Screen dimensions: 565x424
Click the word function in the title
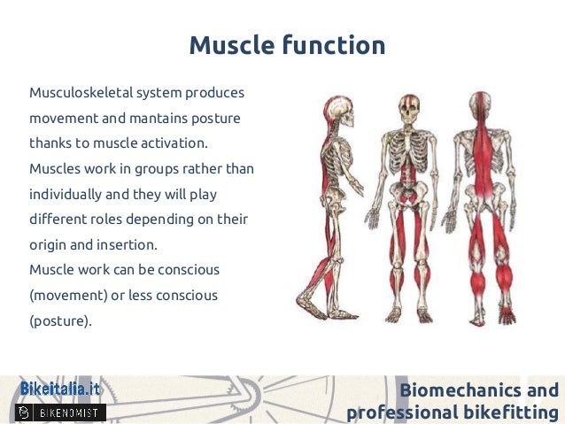333,45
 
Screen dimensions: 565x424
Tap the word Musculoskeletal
83,92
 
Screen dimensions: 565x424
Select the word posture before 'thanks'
217,118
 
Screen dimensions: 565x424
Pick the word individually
64,194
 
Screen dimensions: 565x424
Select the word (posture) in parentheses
59,320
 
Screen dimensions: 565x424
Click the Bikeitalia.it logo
60,389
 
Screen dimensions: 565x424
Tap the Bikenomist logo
61,412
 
